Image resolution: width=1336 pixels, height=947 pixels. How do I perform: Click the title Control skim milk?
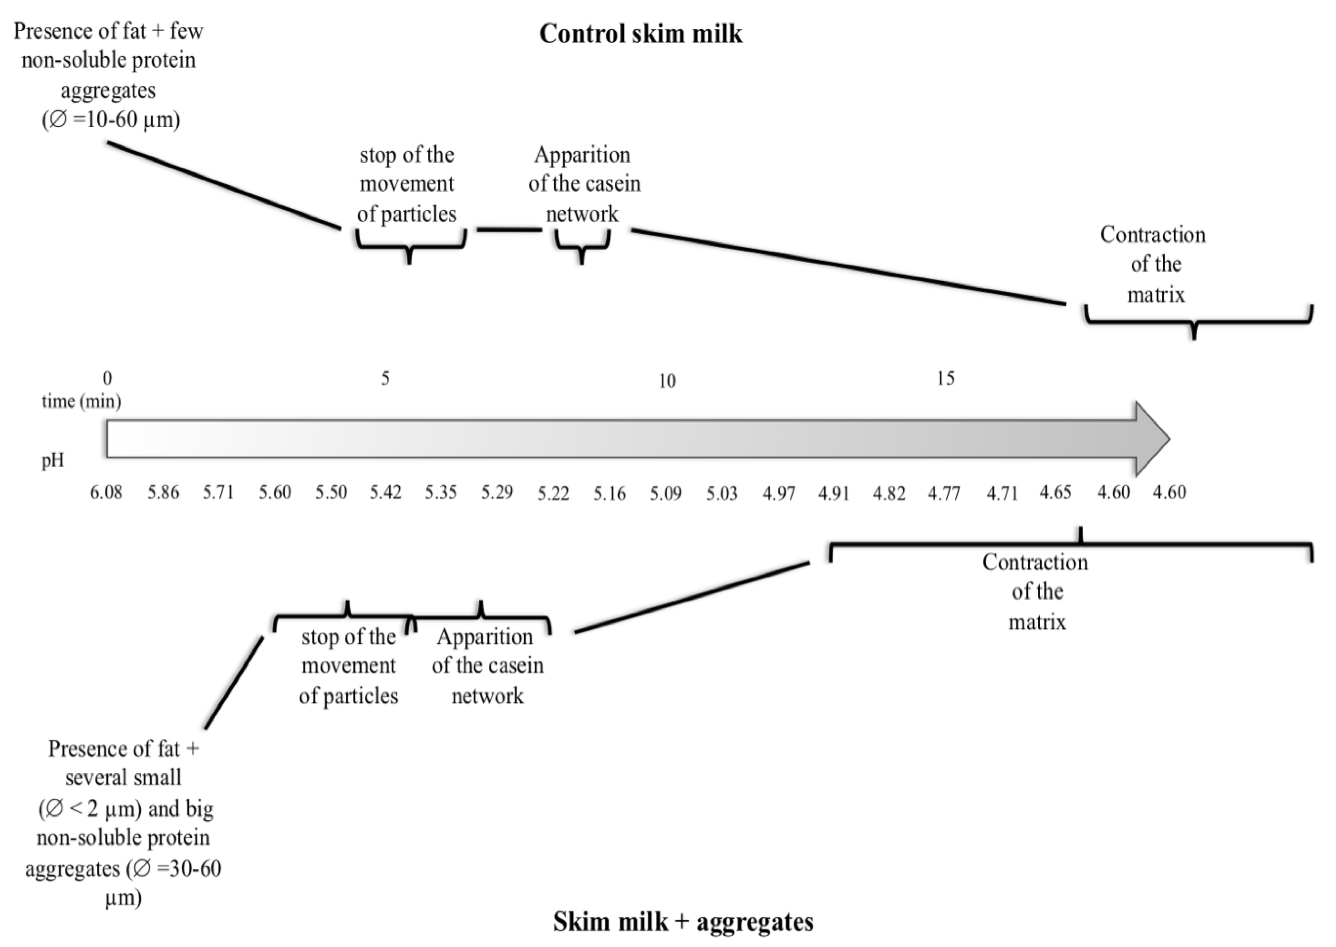tap(640, 34)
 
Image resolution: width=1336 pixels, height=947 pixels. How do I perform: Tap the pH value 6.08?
tap(106, 493)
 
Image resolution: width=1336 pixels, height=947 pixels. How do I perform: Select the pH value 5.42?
tap(386, 493)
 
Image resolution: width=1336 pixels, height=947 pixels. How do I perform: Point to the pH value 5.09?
tap(665, 493)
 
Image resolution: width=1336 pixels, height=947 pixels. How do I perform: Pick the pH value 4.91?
tap(833, 493)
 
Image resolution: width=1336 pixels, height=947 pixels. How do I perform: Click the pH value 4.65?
tap(1056, 493)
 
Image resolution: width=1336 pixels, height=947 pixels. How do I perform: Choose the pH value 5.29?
tap(497, 493)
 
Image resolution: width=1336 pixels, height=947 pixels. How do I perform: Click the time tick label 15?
tap(946, 379)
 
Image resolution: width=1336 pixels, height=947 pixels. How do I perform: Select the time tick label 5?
tap(386, 379)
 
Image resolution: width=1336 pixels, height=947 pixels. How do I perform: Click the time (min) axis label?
tap(81, 401)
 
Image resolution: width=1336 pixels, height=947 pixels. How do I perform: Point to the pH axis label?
tap(52, 461)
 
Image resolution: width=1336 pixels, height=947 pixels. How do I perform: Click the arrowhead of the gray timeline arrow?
tap(1152, 438)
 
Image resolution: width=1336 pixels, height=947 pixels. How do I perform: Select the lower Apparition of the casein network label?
tap(487, 666)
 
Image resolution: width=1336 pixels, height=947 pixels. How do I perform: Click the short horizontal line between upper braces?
tap(509, 230)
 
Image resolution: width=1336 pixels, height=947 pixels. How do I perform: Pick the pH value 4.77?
tap(944, 493)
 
